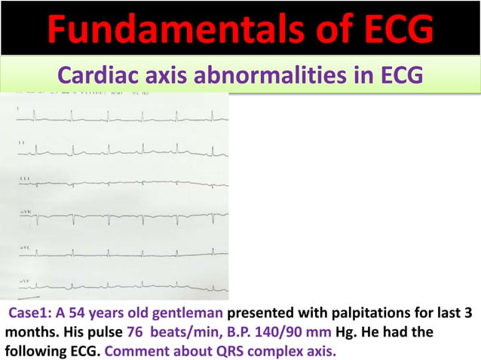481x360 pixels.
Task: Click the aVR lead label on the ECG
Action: [26, 213]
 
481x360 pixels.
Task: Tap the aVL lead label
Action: [26, 247]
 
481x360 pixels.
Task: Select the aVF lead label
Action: [26, 280]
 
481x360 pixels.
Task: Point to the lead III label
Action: [25, 178]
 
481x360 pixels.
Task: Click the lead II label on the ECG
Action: [23, 142]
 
